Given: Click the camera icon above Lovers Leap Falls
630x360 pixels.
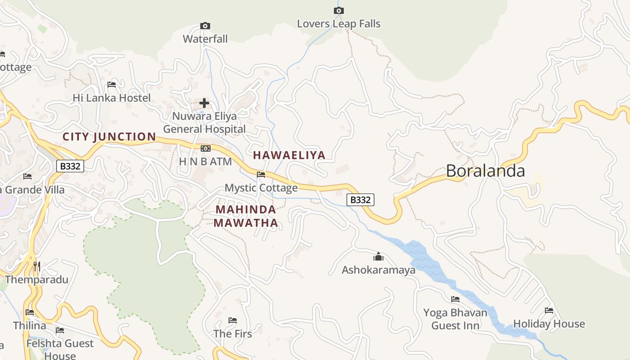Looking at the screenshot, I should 339,10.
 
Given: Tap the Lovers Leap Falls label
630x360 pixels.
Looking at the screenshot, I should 338,24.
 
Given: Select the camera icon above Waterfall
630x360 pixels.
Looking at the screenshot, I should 205,26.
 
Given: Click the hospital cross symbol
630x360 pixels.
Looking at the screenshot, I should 204,103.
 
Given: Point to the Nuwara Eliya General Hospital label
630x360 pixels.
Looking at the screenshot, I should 205,122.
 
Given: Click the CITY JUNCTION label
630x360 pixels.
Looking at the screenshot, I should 109,137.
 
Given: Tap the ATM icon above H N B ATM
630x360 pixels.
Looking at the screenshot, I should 205,148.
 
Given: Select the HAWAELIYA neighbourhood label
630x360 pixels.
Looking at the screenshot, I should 289,155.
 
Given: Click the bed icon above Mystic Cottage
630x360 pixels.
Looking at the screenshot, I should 261,175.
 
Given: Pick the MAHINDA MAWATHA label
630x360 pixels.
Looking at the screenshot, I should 246,216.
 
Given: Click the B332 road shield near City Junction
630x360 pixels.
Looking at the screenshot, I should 70,166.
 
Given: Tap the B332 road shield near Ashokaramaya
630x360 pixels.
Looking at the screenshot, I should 360,200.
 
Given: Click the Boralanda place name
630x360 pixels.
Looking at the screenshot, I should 485,171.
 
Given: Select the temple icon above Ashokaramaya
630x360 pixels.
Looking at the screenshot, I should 378,257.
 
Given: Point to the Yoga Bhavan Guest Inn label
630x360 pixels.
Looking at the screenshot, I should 455,319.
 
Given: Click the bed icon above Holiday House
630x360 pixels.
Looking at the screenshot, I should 549,310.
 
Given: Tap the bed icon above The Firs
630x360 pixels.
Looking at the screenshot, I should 233,320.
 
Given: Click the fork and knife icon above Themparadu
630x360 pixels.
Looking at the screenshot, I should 37,266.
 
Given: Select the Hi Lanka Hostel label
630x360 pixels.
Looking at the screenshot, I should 112,98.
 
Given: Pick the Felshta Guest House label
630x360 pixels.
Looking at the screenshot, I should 60,349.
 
